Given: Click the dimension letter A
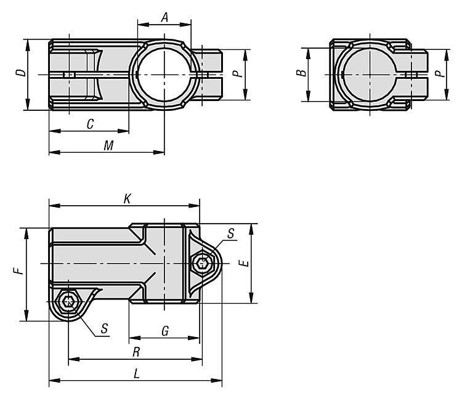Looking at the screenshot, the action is pos(164,17).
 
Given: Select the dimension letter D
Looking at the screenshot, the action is pos(21,73).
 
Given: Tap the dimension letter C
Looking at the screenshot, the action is pos(90,124).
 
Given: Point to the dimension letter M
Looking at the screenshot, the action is pos(108,146).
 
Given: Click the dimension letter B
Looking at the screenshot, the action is pos(301,73).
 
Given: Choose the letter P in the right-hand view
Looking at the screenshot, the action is pos(440,73).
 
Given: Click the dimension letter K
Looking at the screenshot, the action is pos(128,199).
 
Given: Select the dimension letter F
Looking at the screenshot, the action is pos(18,270).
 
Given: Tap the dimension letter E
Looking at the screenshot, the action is pos(245,263).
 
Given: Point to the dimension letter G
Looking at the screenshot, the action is pos(165,331).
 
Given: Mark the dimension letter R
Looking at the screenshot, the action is pos(136,352).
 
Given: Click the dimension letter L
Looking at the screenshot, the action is pos(136,374).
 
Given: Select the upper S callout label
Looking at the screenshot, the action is pos(231,234).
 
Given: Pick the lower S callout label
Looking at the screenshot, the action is pos(104,328).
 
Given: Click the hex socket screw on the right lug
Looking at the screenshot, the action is pos(203,263).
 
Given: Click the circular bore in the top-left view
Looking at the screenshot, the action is pos(164,75).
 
